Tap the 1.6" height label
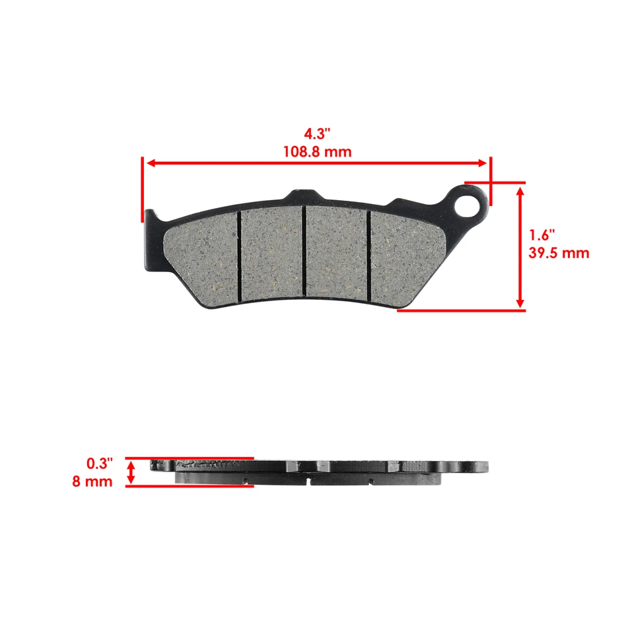point(542,235)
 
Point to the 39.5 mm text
point(559,253)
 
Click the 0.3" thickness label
point(100,464)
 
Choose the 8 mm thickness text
point(92,481)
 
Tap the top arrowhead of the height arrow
point(520,191)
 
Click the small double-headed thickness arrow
point(131,472)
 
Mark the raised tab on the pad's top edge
point(302,196)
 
